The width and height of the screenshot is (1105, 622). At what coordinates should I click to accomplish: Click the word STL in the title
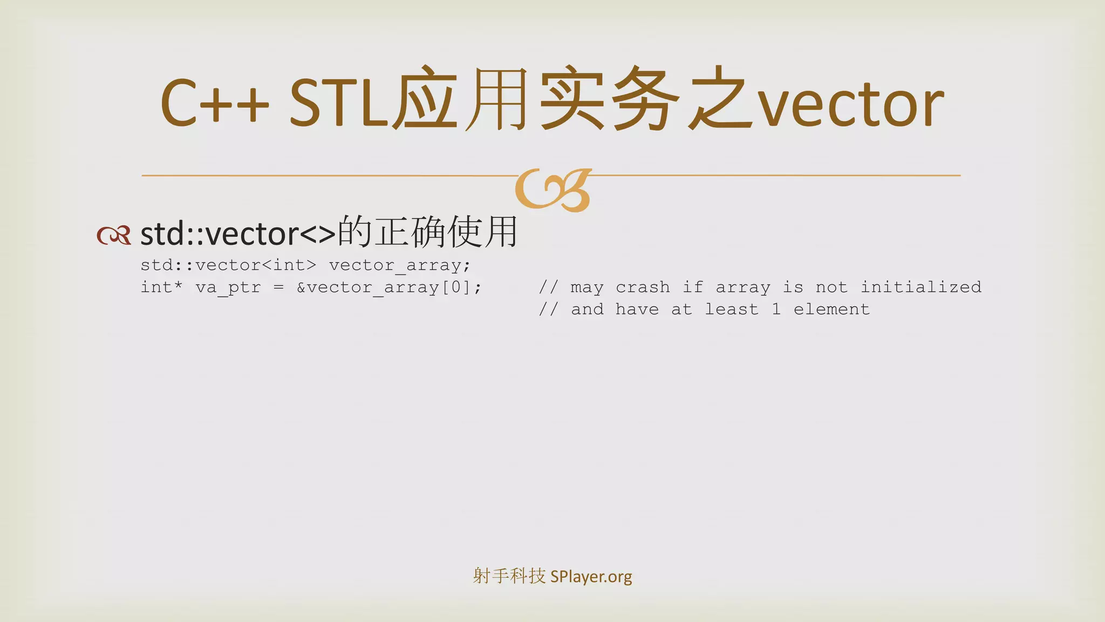(338, 103)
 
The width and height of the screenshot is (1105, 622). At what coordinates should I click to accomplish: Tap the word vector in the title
(851, 105)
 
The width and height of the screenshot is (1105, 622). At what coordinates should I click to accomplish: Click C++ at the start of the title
(215, 103)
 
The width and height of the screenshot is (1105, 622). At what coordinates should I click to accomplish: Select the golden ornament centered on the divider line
(553, 190)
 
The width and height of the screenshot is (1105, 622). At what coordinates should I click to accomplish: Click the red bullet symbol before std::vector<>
(113, 235)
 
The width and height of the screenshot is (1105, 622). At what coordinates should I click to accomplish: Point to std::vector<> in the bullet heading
(238, 234)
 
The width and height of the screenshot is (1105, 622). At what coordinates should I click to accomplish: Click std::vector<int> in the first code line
(228, 265)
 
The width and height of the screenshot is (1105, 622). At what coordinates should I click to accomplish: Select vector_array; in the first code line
(400, 265)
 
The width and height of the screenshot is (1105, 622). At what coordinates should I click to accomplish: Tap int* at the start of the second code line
(161, 287)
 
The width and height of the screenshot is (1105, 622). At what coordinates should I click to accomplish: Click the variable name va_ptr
(228, 288)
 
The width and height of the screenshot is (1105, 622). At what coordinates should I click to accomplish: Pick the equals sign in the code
(278, 287)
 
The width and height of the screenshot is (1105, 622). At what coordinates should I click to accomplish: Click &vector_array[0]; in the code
(389, 288)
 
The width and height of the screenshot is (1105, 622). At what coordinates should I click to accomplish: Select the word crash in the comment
(643, 287)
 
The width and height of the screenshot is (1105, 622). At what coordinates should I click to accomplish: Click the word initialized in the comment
(920, 287)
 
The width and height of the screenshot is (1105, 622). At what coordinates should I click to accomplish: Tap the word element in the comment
(831, 309)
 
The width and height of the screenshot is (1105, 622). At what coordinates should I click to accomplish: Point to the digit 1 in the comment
(776, 309)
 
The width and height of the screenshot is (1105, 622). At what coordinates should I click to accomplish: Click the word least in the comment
(732, 309)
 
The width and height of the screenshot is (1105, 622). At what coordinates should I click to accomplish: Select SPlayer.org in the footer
(591, 577)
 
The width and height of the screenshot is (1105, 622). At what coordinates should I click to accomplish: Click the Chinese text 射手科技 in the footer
(509, 576)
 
